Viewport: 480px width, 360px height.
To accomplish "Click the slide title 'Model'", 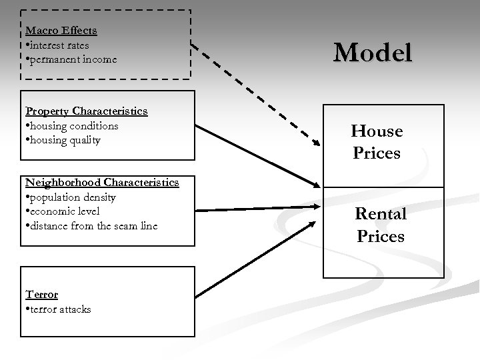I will (373, 53).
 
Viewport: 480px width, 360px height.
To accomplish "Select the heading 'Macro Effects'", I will (61, 30).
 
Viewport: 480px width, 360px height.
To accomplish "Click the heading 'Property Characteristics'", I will (86, 111).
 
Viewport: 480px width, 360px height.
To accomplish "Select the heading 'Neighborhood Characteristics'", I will (102, 182).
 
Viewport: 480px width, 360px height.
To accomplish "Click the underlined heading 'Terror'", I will (41, 294).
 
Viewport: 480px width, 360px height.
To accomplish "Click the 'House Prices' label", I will (377, 142).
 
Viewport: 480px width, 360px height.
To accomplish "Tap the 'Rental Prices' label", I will (381, 225).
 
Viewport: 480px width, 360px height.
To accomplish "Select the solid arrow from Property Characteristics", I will (257, 155).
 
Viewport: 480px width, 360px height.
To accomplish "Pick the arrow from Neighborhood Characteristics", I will (257, 209).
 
